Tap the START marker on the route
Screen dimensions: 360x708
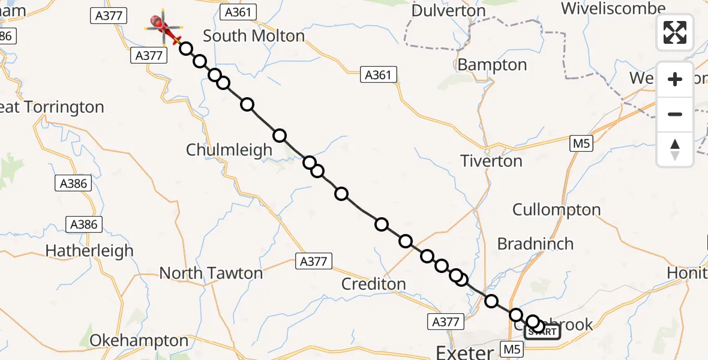(x=543, y=331)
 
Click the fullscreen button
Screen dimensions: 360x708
(x=675, y=32)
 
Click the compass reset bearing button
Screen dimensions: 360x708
(x=675, y=149)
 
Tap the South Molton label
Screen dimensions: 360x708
(x=254, y=36)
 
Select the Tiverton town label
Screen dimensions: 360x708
(x=491, y=161)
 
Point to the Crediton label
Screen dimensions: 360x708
(x=373, y=284)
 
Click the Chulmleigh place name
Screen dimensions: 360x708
(x=229, y=150)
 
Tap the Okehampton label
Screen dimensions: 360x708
(x=139, y=341)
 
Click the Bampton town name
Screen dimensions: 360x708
(x=492, y=65)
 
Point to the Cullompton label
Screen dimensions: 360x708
(x=556, y=210)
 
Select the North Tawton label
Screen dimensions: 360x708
(x=211, y=274)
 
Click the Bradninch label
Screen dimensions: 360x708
(x=535, y=244)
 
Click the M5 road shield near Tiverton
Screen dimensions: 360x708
(x=578, y=143)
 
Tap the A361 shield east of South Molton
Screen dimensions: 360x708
(x=379, y=75)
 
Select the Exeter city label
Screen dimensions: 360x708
(x=465, y=352)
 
